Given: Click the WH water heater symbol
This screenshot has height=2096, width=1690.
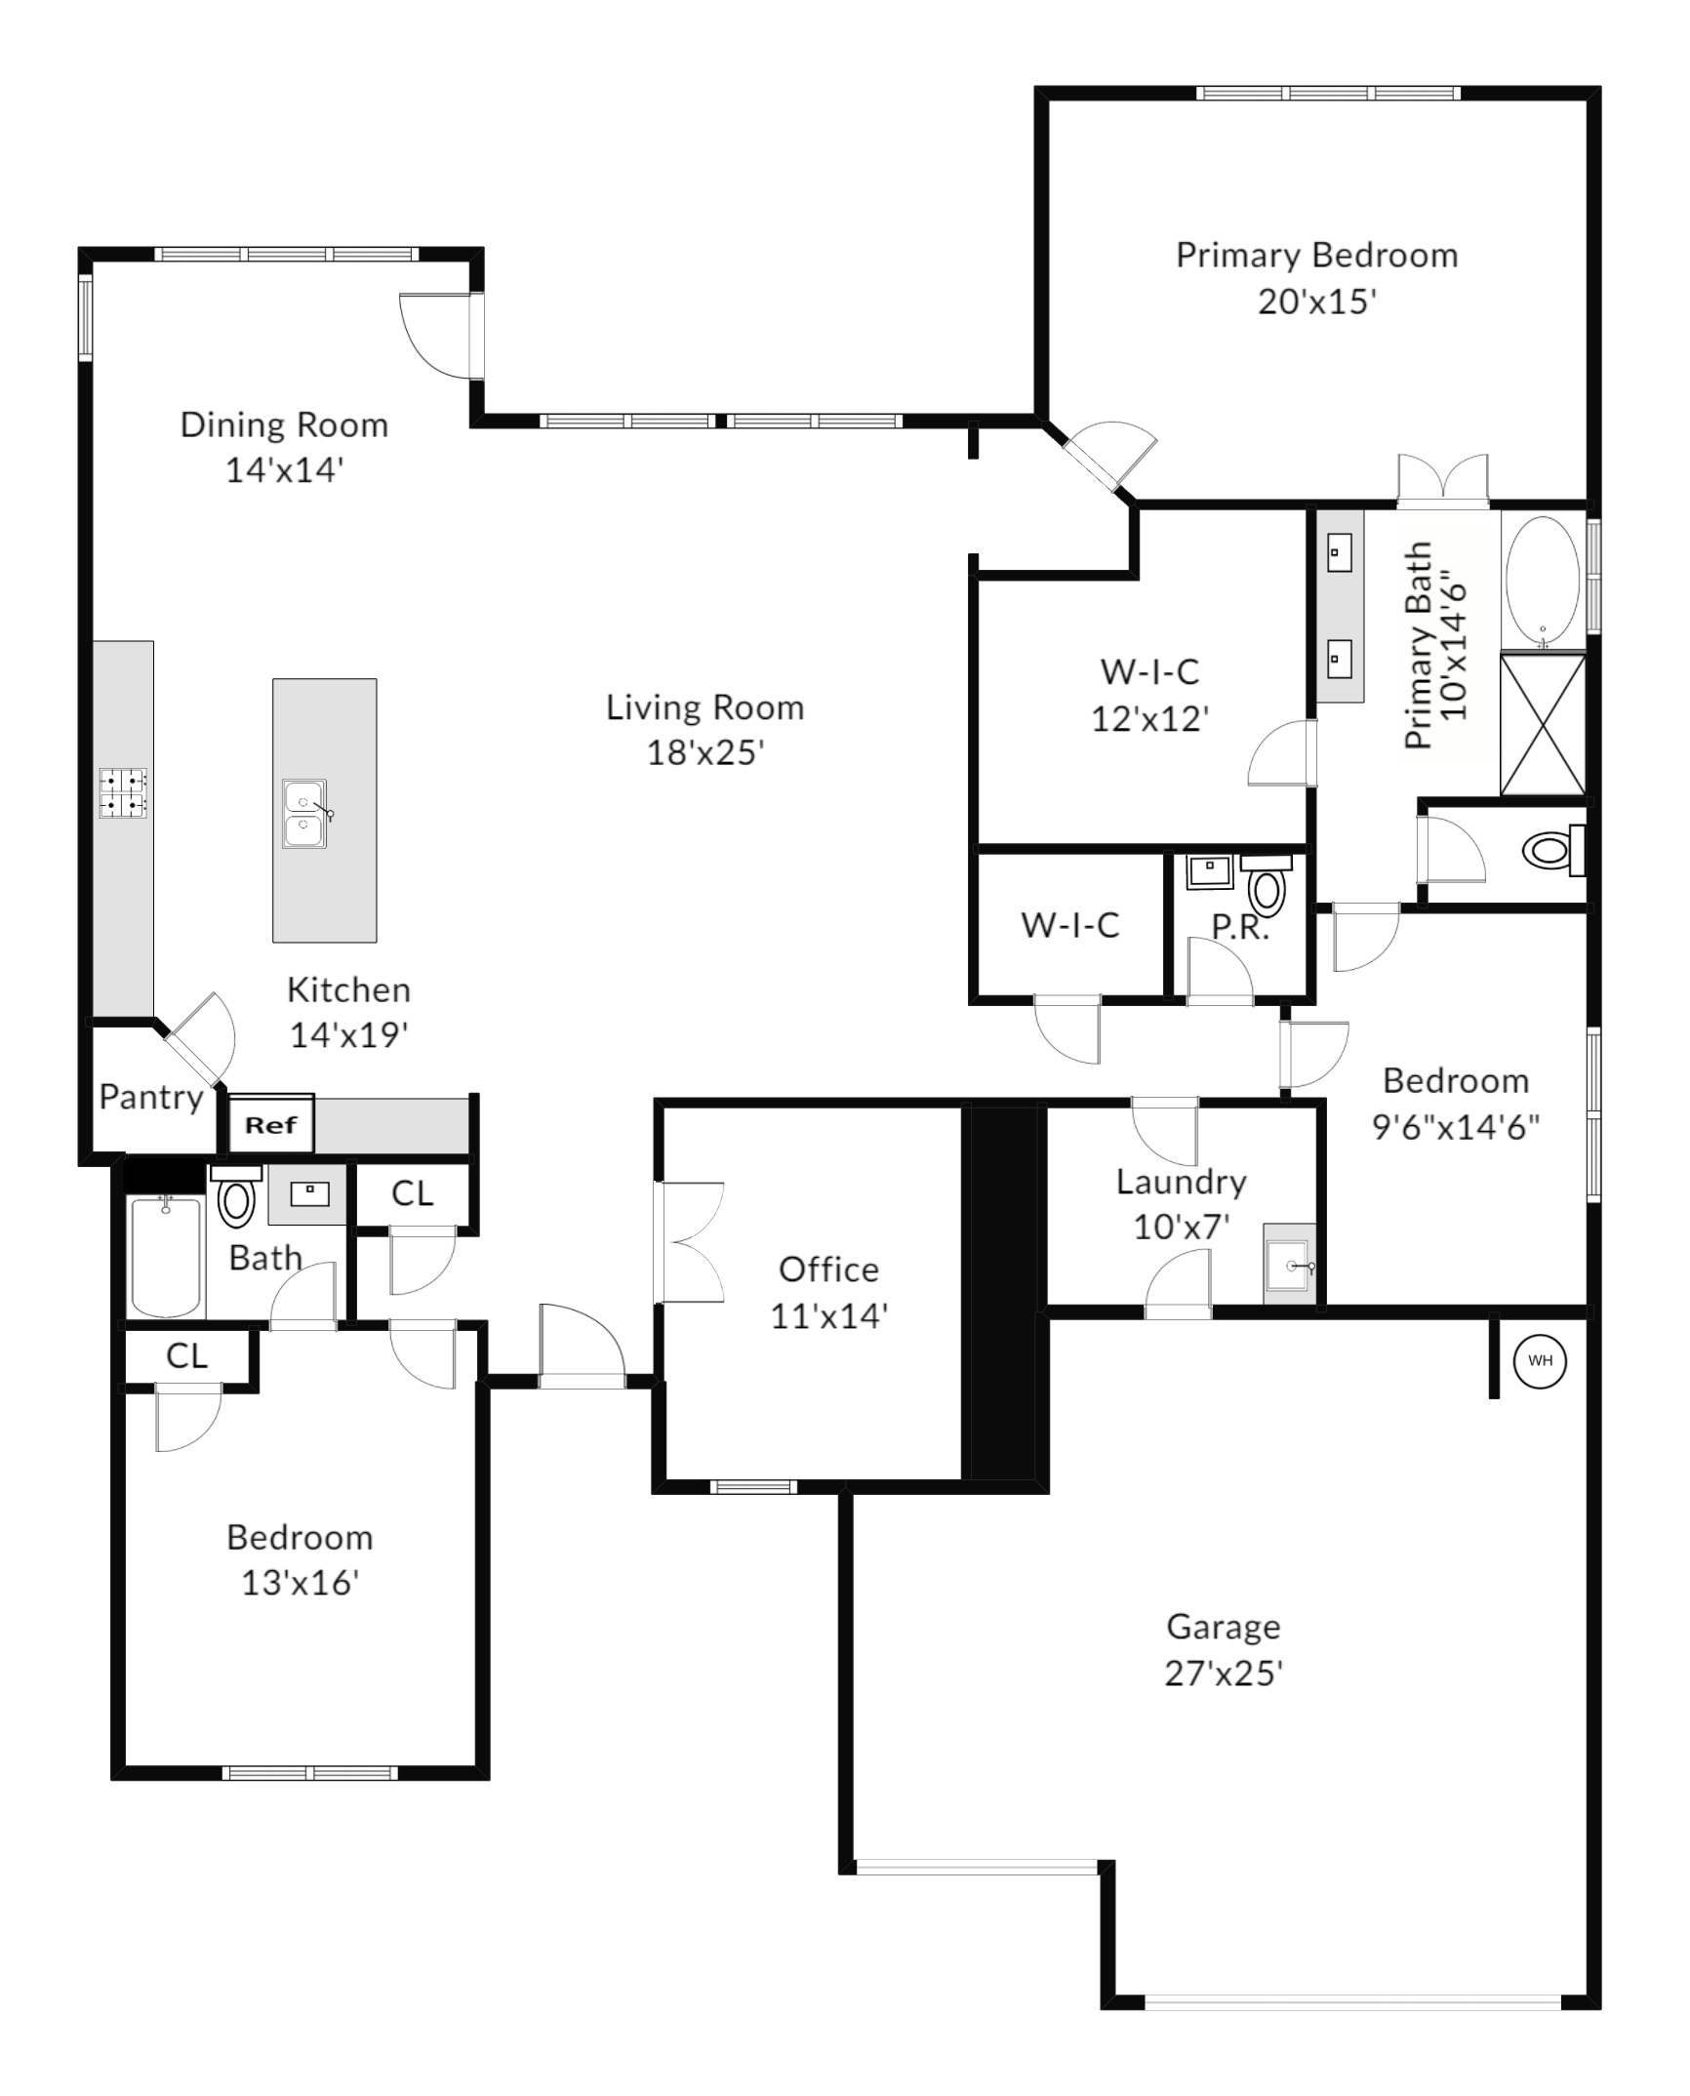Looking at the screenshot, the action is click(x=1540, y=1360).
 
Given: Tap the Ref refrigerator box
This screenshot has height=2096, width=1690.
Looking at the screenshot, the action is click(x=271, y=1124).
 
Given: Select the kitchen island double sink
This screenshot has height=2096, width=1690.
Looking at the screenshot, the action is click(x=305, y=814).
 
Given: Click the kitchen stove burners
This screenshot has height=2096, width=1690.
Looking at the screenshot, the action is click(x=123, y=792).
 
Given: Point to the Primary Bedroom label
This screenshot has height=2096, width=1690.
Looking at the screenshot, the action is click(x=1316, y=256).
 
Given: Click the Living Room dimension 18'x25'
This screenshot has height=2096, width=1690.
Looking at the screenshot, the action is click(x=705, y=752).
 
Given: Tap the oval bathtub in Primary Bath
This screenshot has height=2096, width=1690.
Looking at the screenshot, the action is click(x=1543, y=582).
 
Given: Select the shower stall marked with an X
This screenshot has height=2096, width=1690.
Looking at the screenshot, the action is click(x=1543, y=724).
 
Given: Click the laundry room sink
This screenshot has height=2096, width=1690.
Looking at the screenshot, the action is click(x=1290, y=1265).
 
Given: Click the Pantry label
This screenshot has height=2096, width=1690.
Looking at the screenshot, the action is click(x=151, y=1098).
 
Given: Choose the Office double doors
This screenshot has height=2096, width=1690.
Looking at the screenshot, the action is click(x=691, y=1241).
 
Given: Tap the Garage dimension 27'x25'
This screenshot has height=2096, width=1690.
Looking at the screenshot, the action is click(x=1223, y=1673).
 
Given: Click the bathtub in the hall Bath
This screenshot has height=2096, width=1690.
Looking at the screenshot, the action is click(x=166, y=1256).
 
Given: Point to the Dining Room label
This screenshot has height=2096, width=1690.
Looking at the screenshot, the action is click(x=284, y=425).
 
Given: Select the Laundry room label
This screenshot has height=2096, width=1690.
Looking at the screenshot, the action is click(x=1181, y=1183).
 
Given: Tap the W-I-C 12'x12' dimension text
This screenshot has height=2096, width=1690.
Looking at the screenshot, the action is click(x=1150, y=719).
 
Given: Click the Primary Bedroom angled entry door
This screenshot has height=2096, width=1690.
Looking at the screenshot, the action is click(x=1109, y=455).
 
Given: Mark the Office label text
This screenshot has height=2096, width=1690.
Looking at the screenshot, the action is click(x=828, y=1270).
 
